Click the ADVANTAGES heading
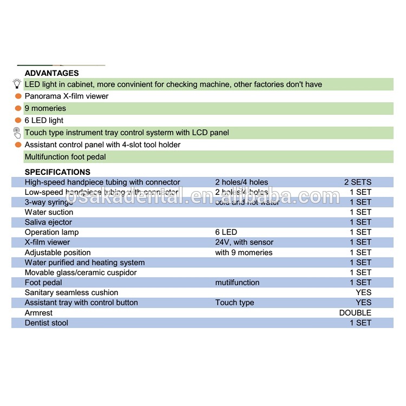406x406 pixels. [51, 73]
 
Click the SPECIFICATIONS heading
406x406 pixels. [57, 172]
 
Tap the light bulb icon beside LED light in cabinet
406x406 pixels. [17, 84]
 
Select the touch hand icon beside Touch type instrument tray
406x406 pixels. [17, 133]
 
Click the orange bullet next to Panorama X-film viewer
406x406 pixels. [18, 96]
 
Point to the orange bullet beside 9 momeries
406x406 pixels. [18, 108]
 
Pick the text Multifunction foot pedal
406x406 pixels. [65, 157]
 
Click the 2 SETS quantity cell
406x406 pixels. [358, 182]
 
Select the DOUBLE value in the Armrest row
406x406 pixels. [355, 313]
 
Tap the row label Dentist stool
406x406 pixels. [47, 323]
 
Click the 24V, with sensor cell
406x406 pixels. [244, 243]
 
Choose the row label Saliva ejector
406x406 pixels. [48, 222]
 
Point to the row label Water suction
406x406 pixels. [49, 212]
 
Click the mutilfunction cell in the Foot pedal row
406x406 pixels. [237, 283]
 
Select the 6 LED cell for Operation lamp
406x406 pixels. [226, 232]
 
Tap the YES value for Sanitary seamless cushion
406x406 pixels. [363, 293]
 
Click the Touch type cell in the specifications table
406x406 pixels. [234, 303]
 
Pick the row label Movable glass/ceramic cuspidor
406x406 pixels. [81, 273]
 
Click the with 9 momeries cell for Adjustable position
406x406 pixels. [244, 253]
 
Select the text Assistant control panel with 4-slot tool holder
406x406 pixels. [102, 145]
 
